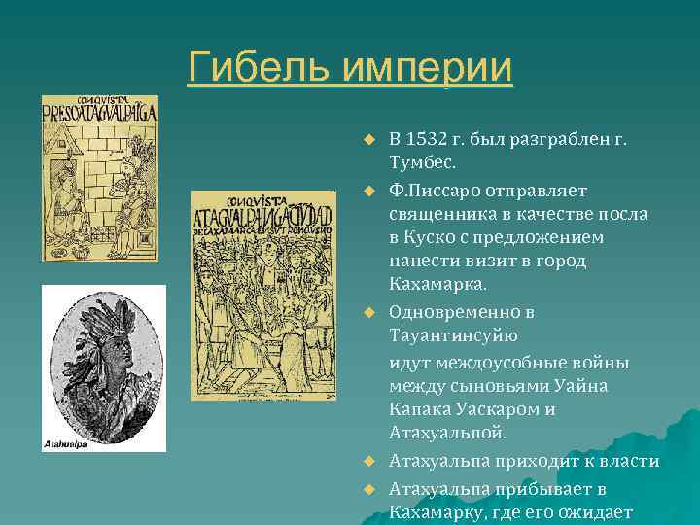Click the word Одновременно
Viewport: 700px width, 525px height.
point(455,313)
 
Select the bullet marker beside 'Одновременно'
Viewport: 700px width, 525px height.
point(369,314)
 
